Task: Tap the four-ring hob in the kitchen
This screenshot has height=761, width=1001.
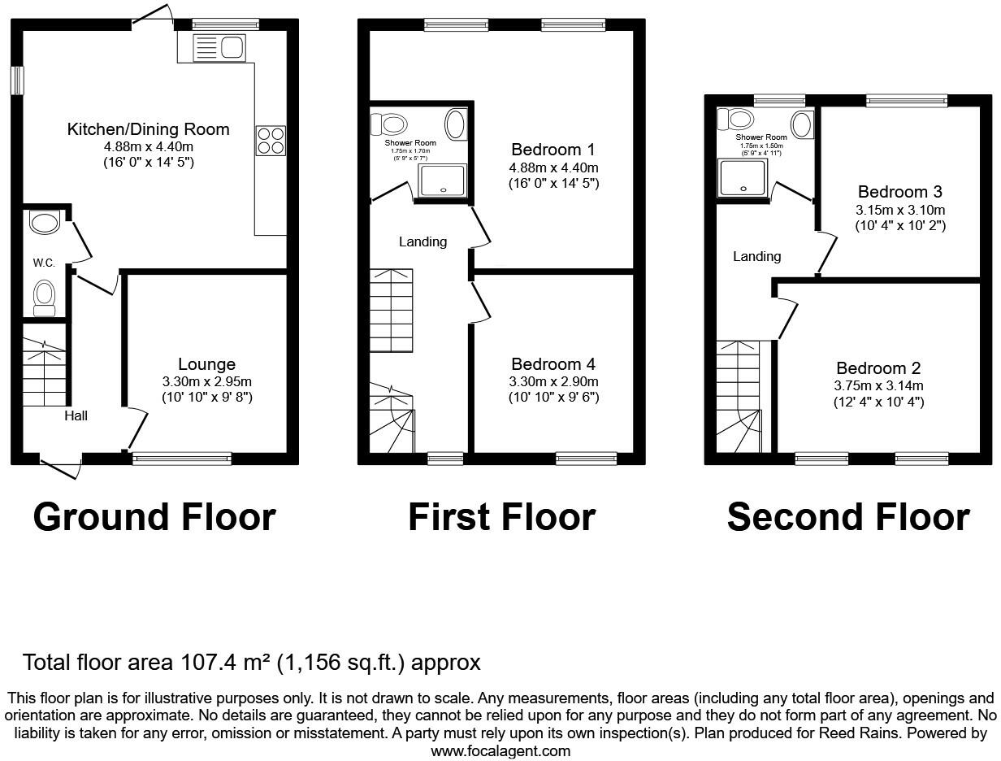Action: tap(271, 141)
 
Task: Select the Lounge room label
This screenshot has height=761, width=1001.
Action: tap(206, 365)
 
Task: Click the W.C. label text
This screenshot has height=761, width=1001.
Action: tap(43, 263)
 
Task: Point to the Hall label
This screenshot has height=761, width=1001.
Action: tap(76, 415)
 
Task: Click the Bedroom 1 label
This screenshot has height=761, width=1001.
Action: tap(553, 150)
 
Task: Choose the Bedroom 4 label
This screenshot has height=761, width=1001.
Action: tap(553, 365)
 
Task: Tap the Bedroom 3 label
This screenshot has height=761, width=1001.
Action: tap(899, 192)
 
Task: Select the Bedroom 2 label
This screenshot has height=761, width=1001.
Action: tap(878, 368)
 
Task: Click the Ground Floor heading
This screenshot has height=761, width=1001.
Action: tap(154, 517)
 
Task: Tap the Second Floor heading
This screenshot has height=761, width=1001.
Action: tap(847, 517)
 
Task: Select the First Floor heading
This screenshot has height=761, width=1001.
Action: tap(501, 517)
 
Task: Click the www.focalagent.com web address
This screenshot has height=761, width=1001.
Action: tap(500, 751)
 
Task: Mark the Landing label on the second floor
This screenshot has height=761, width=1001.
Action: tap(756, 256)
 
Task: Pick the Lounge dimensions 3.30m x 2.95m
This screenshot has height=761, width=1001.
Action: tap(206, 381)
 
